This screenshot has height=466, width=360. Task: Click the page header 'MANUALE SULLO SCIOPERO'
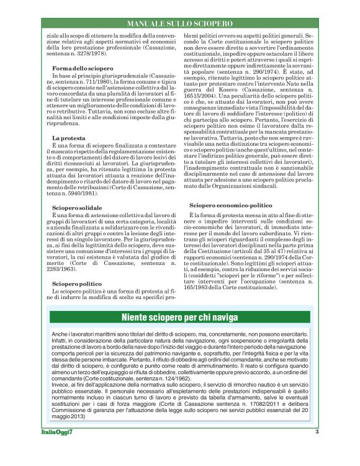pyautogui.click(x=179, y=23)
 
